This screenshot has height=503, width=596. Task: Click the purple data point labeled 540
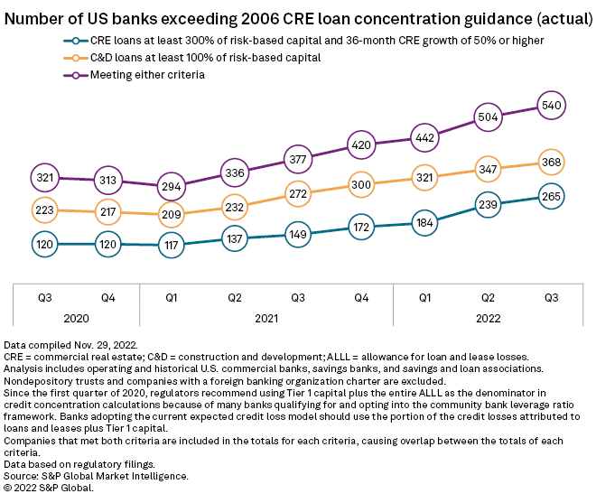[552, 105]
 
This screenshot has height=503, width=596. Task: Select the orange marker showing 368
[552, 163]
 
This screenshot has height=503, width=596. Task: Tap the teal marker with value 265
[552, 197]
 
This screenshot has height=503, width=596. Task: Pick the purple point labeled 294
[171, 188]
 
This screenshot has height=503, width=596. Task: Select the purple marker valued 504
[489, 116]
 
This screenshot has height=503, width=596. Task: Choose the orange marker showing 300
[361, 184]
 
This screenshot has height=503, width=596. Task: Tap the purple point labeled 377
[298, 161]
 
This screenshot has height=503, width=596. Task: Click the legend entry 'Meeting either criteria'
[146, 75]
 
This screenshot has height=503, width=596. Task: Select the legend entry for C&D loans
[206, 58]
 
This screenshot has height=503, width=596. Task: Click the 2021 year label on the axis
[265, 319]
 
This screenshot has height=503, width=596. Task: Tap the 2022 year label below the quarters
[488, 319]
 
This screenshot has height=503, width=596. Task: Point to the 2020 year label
[76, 319]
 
